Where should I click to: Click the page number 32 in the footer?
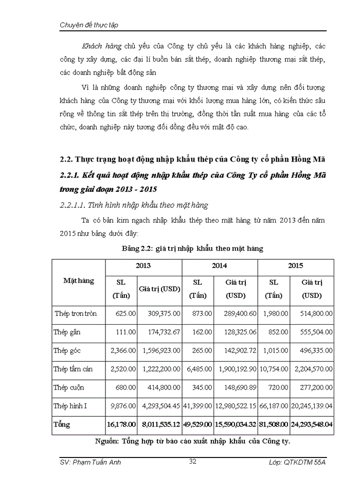(x=193, y=462)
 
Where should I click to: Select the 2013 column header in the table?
(x=143, y=266)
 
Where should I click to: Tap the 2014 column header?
(x=220, y=266)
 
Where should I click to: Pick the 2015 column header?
(x=296, y=266)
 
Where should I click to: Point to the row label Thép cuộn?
(x=68, y=387)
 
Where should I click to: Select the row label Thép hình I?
(x=70, y=406)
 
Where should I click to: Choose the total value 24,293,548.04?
(x=311, y=425)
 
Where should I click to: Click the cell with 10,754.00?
(x=273, y=369)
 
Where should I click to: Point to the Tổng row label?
(x=62, y=425)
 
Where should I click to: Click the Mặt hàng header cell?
(x=79, y=281)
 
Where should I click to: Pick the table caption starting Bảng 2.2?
(x=192, y=249)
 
